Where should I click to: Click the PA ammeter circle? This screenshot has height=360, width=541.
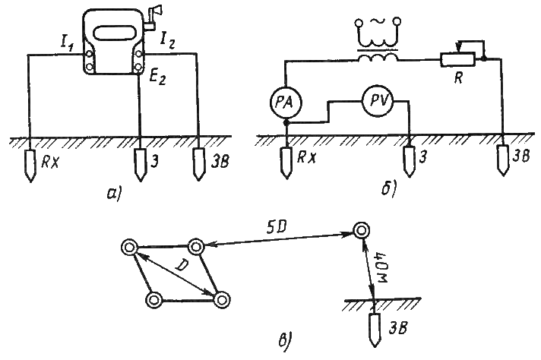pos(286,103)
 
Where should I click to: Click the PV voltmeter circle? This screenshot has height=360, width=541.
pos(378,101)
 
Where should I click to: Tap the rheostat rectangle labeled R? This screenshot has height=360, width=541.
pos(457,60)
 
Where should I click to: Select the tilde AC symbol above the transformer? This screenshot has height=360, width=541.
pos(378,22)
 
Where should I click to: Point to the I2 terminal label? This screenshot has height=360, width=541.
pos(166,41)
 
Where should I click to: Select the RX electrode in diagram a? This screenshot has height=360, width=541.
pos(30,166)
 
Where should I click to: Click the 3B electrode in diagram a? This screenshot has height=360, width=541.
pos(199,164)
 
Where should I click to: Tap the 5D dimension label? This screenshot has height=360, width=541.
pos(277,229)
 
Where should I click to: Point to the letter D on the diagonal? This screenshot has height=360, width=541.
pos(180,265)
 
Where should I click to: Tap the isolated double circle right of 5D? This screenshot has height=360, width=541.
pos(362,230)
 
